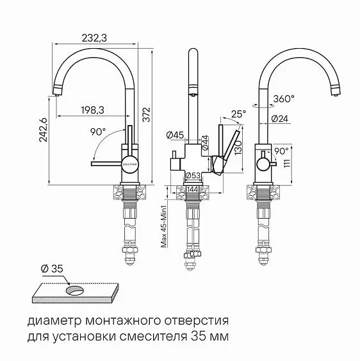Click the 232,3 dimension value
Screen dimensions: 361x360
[x=94, y=38]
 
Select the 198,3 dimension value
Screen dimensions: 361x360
[x=93, y=110]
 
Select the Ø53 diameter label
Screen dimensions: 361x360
[x=193, y=176]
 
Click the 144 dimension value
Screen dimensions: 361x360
[x=193, y=189]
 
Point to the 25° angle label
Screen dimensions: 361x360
[x=238, y=114]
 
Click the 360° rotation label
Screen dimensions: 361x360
[x=283, y=99]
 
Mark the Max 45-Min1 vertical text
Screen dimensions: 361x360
[x=164, y=221]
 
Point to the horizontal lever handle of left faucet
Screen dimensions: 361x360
[x=106, y=163]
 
